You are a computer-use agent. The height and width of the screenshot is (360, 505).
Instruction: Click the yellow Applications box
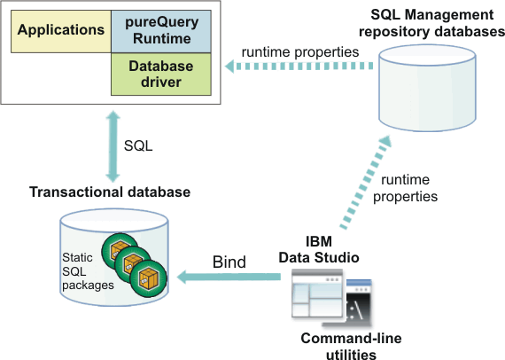point(60,31)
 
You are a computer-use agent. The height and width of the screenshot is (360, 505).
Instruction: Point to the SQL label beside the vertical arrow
point(138,145)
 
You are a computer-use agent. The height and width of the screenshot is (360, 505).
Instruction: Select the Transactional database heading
point(109,192)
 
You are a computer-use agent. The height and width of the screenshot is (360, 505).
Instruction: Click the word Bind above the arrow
point(229,262)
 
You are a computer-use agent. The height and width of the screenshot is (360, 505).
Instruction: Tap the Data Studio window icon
point(317,298)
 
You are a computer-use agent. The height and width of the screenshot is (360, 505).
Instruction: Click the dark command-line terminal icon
point(358,302)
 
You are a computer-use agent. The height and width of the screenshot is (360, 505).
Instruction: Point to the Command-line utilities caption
point(338,346)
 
